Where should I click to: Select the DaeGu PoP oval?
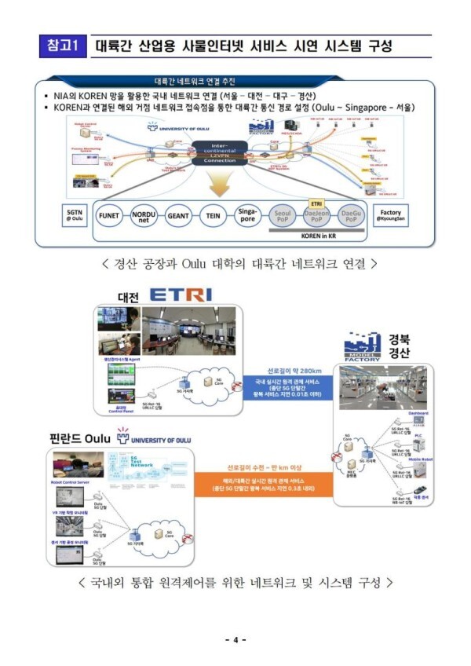click(x=351, y=215)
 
